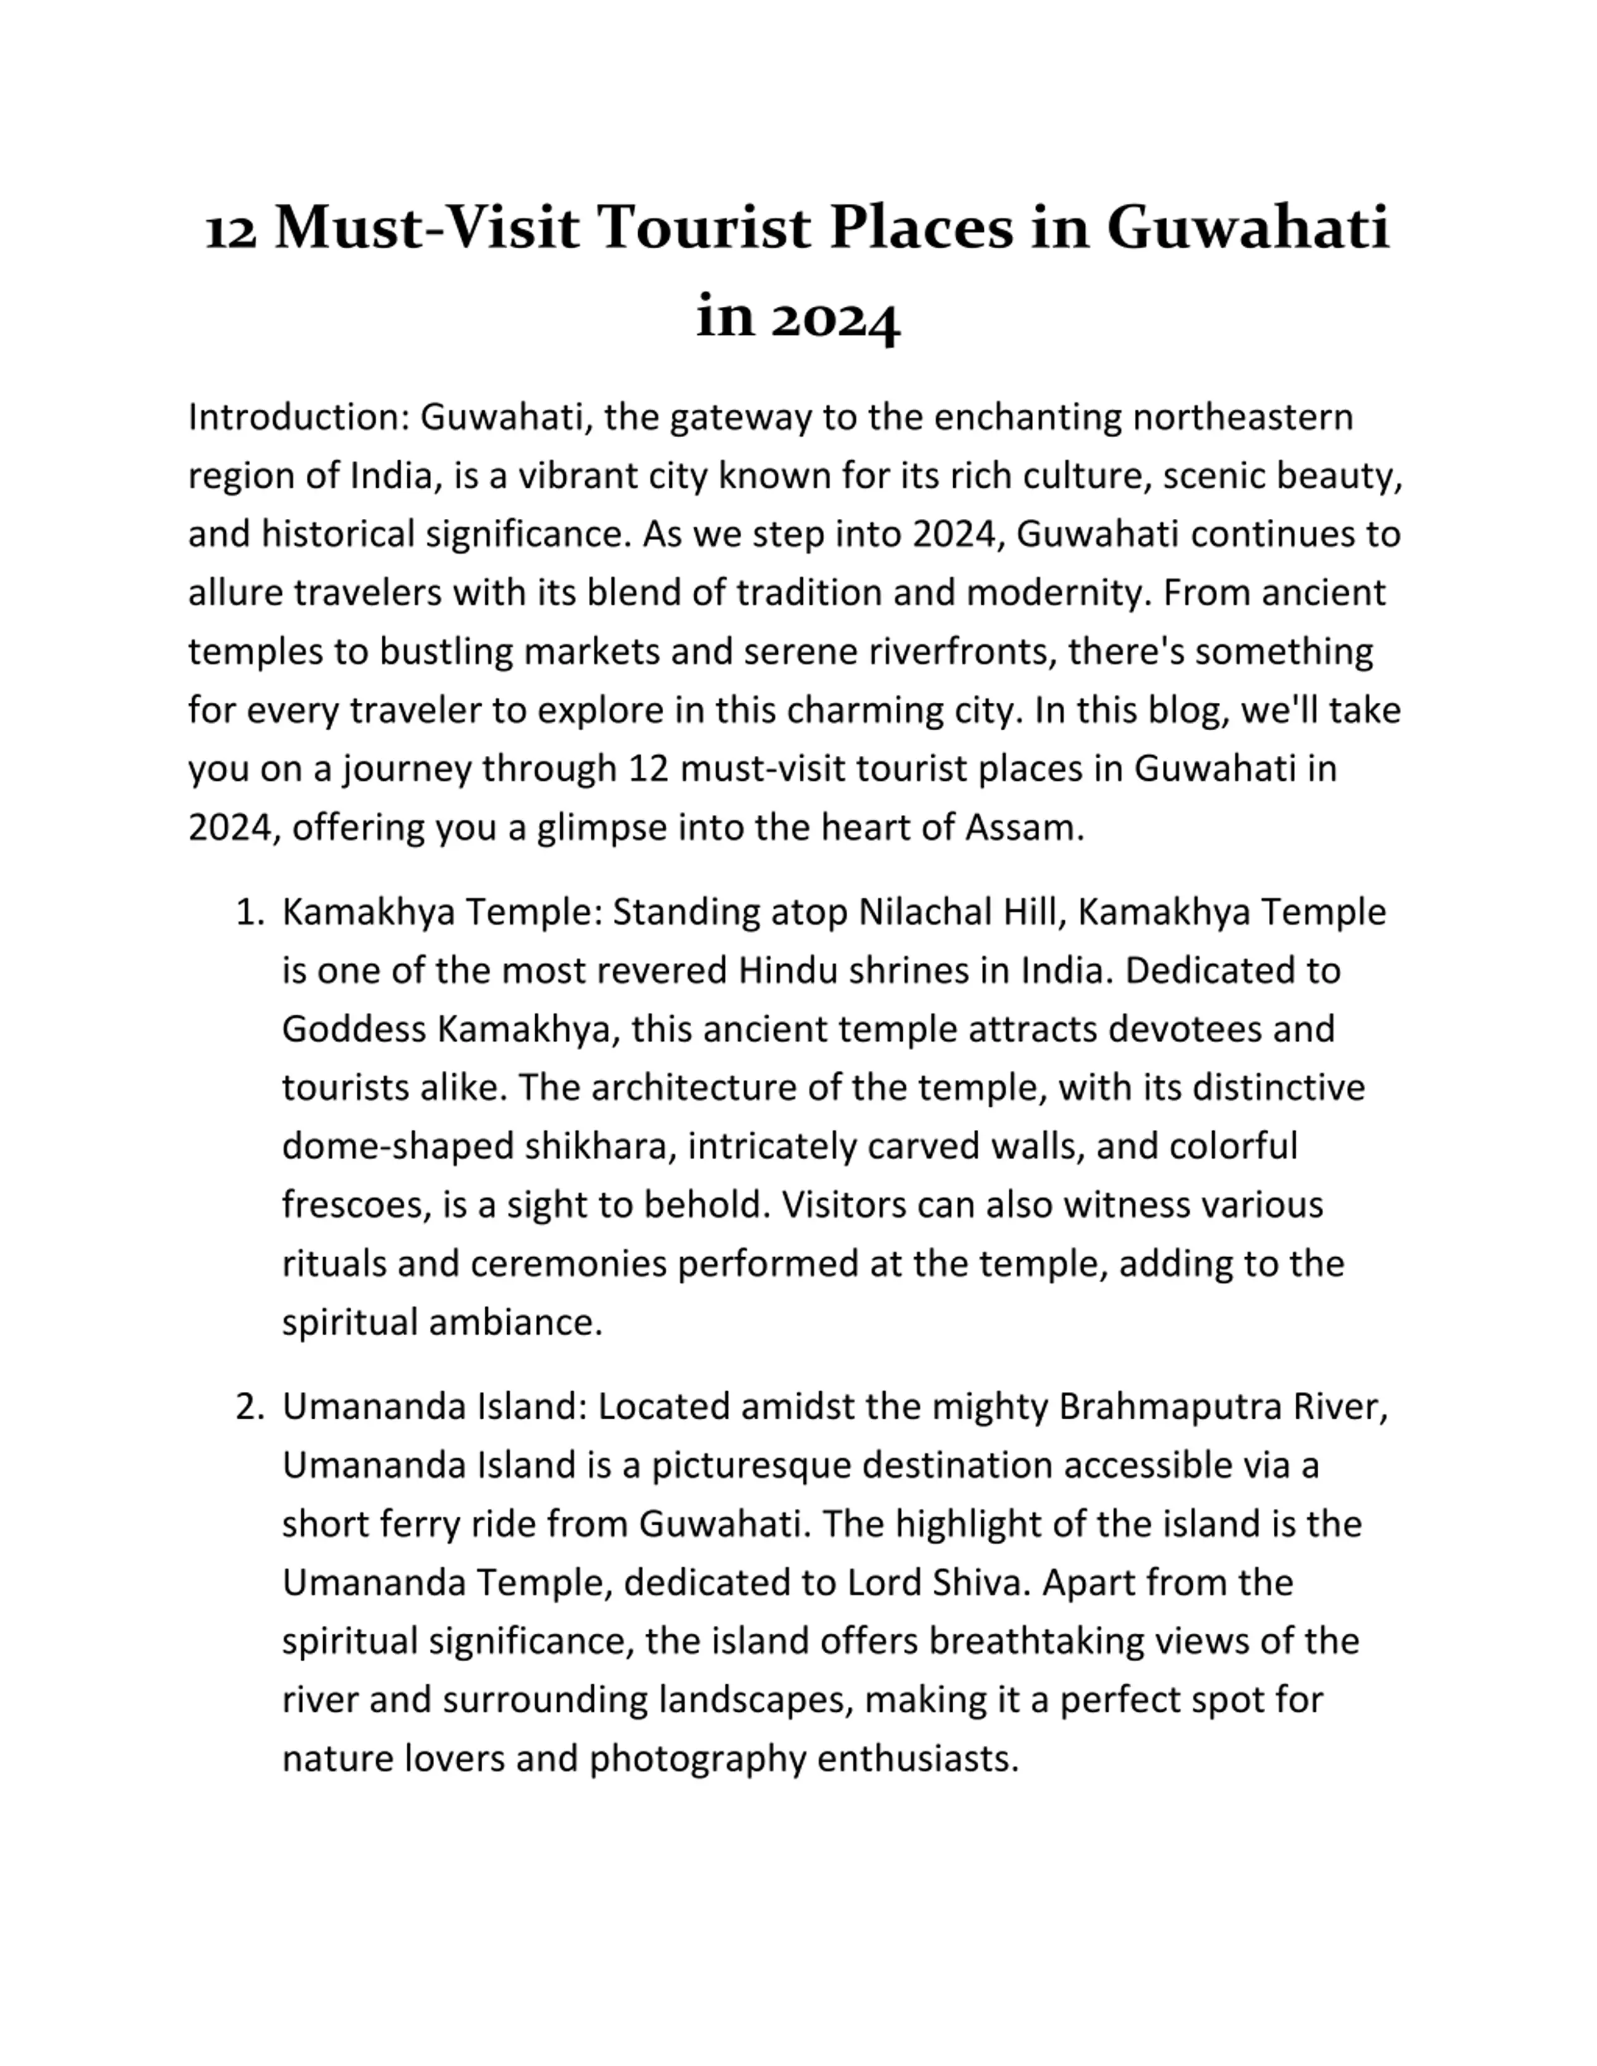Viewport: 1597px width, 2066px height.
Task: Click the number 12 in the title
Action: point(231,231)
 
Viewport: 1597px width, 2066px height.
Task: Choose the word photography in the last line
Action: point(697,1760)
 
